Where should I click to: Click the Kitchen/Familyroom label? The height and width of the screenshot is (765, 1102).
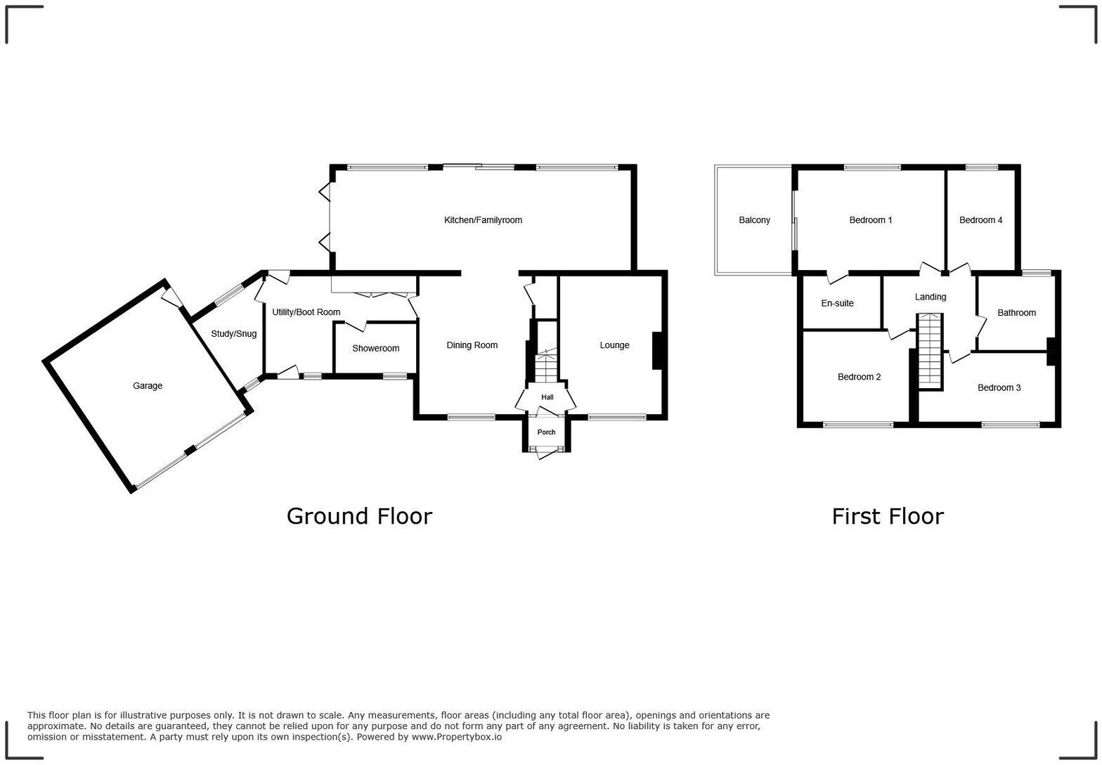point(483,220)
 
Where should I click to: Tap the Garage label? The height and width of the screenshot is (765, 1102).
point(148,385)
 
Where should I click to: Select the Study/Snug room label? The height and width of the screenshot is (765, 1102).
point(233,334)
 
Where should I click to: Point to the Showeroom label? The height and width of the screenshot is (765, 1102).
point(375,348)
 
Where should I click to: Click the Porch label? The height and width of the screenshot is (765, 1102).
point(546,432)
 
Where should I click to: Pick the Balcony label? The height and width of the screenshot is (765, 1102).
point(754,220)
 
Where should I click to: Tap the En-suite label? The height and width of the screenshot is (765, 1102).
point(837,303)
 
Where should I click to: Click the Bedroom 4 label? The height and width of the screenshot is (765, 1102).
point(980,220)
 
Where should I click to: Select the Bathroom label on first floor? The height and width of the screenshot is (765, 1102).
point(1016,313)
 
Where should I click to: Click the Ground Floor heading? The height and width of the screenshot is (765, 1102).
point(359,516)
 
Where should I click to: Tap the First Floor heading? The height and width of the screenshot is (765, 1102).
point(887,516)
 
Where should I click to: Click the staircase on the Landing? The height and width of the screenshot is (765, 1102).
point(930,350)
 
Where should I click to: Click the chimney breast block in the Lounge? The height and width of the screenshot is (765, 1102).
point(659,350)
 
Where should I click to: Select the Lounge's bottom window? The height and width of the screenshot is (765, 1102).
point(616,418)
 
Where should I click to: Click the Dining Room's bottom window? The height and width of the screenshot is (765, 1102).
point(471,418)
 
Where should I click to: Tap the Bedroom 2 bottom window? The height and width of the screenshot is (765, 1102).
point(857,425)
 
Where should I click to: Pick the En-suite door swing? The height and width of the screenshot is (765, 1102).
point(837,278)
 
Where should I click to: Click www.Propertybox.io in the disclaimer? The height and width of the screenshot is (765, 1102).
point(456,737)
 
